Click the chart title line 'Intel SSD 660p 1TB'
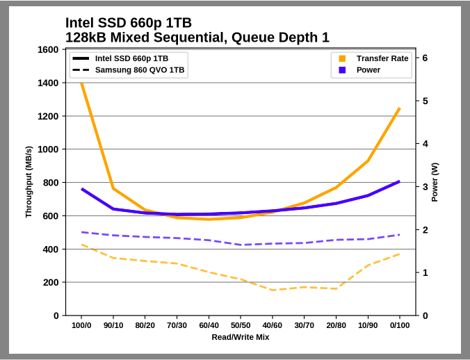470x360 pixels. (129, 23)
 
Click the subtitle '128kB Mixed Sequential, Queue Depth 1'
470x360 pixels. (197, 38)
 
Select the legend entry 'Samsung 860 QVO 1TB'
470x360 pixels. (140, 70)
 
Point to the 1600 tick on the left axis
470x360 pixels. (49, 50)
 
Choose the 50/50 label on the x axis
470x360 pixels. (241, 325)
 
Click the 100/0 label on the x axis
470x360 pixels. (81, 325)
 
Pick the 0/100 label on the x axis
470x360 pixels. (399, 325)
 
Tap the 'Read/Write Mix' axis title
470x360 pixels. (241, 337)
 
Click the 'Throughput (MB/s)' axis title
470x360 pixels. (29, 182)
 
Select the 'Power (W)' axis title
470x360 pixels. (435, 183)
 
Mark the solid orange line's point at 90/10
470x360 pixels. (113, 188)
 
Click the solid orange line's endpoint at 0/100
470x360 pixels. (399, 108)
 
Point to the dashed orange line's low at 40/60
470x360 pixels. (273, 290)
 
